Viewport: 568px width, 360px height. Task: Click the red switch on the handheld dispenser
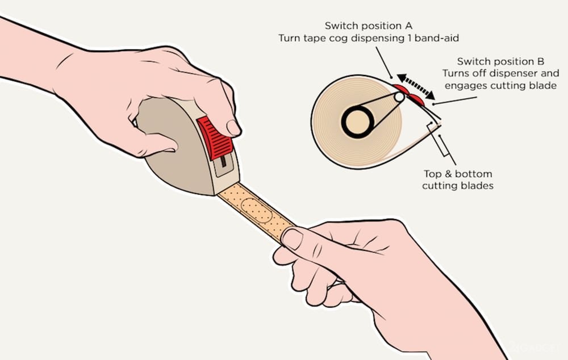pyautogui.click(x=215, y=138)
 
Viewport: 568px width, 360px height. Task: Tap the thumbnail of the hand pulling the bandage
pyautogui.click(x=293, y=238)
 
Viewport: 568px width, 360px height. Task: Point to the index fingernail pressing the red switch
pyautogui.click(x=233, y=128)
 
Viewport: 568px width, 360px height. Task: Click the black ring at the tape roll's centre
pyautogui.click(x=357, y=122)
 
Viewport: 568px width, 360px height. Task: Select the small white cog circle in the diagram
pyautogui.click(x=399, y=97)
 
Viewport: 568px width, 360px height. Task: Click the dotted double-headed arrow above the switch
pyautogui.click(x=416, y=86)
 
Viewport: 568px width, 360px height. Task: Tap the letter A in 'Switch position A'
pyautogui.click(x=408, y=26)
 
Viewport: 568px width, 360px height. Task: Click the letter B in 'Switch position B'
pyautogui.click(x=541, y=61)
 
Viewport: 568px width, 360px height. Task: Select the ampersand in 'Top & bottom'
pyautogui.click(x=448, y=174)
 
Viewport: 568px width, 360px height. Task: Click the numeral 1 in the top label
pyautogui.click(x=410, y=38)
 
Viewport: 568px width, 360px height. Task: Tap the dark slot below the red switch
pyautogui.click(x=223, y=161)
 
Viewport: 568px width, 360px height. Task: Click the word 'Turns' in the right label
pyautogui.click(x=454, y=73)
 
